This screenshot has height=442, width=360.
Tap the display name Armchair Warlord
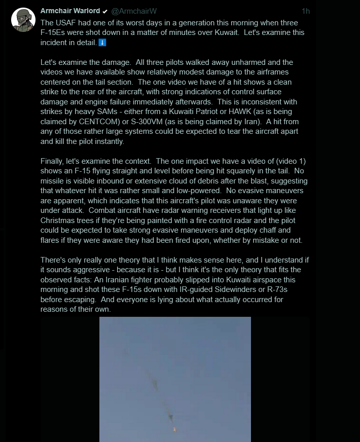pyautogui.click(x=69, y=11)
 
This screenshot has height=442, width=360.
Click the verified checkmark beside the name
pyautogui.click(x=104, y=11)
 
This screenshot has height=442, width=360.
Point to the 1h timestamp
pyautogui.click(x=305, y=11)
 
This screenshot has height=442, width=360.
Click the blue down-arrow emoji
pyautogui.click(x=102, y=43)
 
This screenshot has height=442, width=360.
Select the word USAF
pyautogui.click(x=66, y=23)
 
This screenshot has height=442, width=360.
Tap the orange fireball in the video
pyautogui.click(x=175, y=429)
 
